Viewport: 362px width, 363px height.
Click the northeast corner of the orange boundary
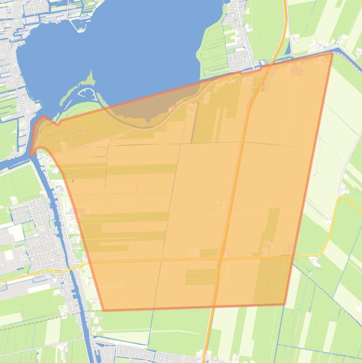[332, 53]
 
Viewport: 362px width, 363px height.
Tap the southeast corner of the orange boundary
[285, 305]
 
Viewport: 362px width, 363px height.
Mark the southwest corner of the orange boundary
[104, 310]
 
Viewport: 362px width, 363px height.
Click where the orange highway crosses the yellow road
[219, 258]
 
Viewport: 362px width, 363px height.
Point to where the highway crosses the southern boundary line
[212, 307]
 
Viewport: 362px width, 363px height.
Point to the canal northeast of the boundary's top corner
[346, 49]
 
